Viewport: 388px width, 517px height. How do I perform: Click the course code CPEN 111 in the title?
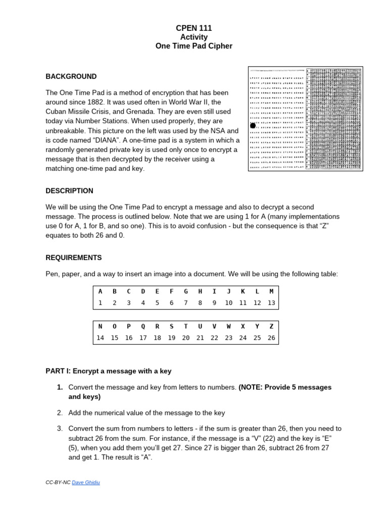pos(193,28)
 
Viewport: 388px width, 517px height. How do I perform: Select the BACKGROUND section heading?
pos(71,77)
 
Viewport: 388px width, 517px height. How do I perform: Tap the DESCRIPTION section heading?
pos(69,191)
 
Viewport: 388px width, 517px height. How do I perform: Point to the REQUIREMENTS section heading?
pos(73,257)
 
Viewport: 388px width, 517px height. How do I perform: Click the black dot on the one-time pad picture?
pos(253,125)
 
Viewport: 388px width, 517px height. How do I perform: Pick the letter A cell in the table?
pos(100,291)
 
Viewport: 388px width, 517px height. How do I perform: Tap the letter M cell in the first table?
pos(271,291)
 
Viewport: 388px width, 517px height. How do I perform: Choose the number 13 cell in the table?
pos(271,303)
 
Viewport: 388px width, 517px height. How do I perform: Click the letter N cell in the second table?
pos(100,327)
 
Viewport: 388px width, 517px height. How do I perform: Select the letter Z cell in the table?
pos(271,327)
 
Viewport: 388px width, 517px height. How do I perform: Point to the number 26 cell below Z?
pos(271,338)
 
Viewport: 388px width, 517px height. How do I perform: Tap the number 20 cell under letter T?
pos(185,338)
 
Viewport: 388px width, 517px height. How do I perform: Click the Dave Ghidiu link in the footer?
pos(86,483)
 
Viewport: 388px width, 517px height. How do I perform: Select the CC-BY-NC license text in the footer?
pos(58,483)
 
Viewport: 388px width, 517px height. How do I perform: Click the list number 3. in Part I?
pos(60,429)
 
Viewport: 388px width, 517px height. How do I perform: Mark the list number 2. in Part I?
pos(60,413)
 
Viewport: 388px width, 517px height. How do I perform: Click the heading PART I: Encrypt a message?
pos(109,371)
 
